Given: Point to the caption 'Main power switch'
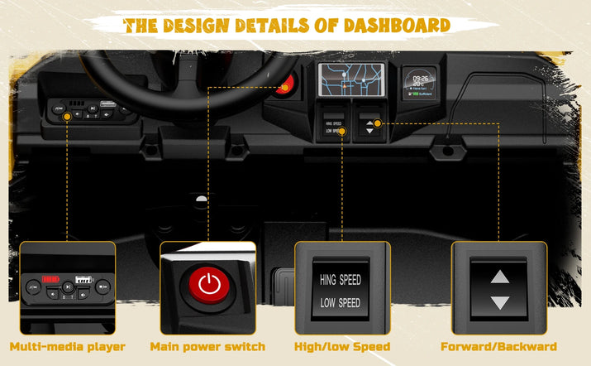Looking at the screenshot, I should click(x=207, y=346).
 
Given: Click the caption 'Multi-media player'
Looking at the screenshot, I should click(x=68, y=346).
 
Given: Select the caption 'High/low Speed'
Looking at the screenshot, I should click(x=341, y=346).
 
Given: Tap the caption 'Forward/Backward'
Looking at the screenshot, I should click(x=498, y=346).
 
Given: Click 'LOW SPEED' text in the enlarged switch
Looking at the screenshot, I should click(x=341, y=302).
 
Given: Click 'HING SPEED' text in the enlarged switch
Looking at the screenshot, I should click(x=341, y=281).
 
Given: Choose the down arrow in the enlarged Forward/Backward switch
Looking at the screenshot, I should click(x=498, y=302).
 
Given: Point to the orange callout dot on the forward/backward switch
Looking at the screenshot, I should click(x=378, y=124).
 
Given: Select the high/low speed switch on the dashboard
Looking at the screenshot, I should click(x=332, y=127).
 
